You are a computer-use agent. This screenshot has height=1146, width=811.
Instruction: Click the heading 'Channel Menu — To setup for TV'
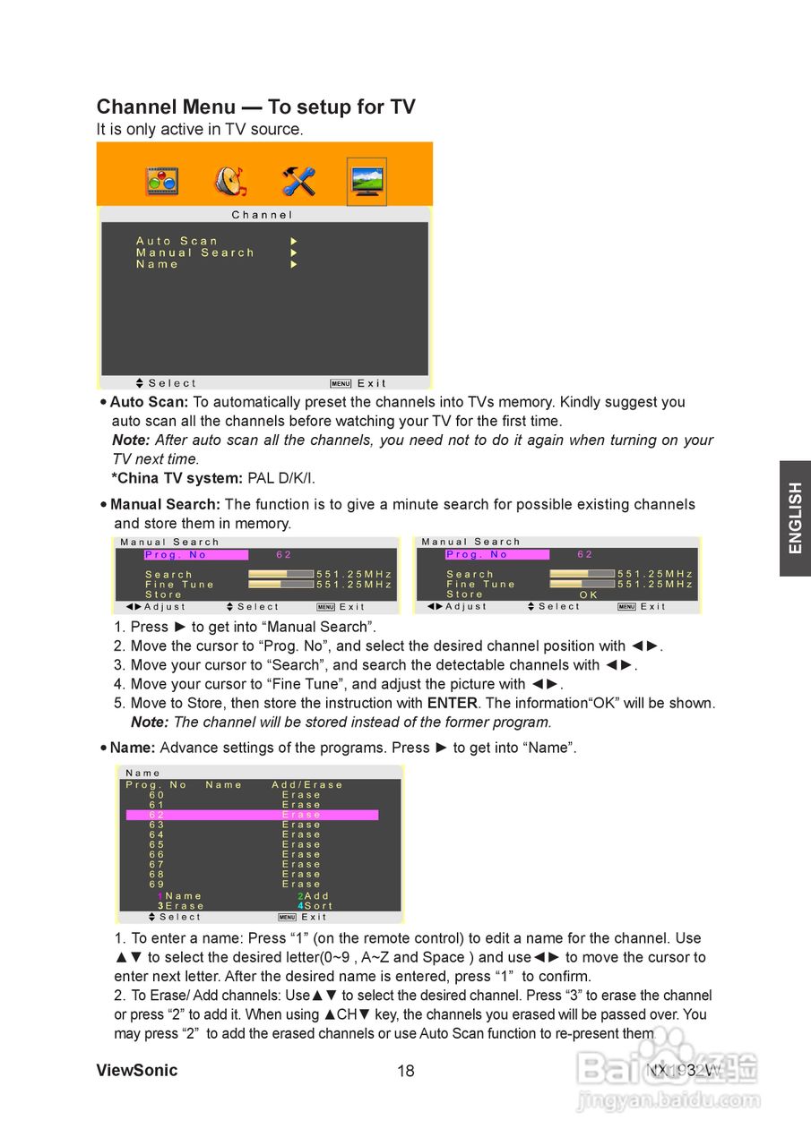pyautogui.click(x=255, y=107)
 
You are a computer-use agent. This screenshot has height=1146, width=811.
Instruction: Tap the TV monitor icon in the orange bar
pyautogui.click(x=367, y=182)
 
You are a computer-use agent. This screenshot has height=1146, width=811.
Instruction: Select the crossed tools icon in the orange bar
pyautogui.click(x=298, y=182)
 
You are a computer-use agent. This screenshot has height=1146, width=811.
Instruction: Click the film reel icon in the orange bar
pyautogui.click(x=162, y=182)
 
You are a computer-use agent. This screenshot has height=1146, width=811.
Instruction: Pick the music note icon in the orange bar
pyautogui.click(x=230, y=182)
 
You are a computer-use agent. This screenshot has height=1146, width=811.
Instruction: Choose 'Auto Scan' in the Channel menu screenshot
pyautogui.click(x=177, y=241)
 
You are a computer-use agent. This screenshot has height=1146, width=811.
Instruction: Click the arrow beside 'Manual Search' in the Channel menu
pyautogui.click(x=293, y=253)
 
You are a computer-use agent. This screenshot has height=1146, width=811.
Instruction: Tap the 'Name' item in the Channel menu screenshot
pyautogui.click(x=158, y=265)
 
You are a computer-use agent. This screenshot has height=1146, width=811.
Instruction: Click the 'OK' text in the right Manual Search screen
pyautogui.click(x=589, y=594)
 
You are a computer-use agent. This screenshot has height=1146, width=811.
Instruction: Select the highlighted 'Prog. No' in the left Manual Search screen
pyautogui.click(x=195, y=555)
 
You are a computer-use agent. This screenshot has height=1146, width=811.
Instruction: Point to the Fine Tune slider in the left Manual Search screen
pyautogui.click(x=280, y=585)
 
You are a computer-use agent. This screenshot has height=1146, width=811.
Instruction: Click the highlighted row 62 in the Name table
pyautogui.click(x=251, y=815)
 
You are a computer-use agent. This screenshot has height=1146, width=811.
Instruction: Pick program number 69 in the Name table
pyautogui.click(x=157, y=885)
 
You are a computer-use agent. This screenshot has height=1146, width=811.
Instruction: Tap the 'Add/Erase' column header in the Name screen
pyautogui.click(x=307, y=785)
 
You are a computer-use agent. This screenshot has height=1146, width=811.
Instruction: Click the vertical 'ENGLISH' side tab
pyautogui.click(x=795, y=518)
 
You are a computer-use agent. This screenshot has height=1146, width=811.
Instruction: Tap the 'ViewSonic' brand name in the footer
pyautogui.click(x=137, y=1071)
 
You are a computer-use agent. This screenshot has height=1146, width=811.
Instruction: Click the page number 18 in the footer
pyautogui.click(x=406, y=1072)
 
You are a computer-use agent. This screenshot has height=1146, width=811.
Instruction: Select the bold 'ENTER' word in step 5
pyautogui.click(x=452, y=704)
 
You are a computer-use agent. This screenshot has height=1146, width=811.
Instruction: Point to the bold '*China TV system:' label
pyautogui.click(x=177, y=478)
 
